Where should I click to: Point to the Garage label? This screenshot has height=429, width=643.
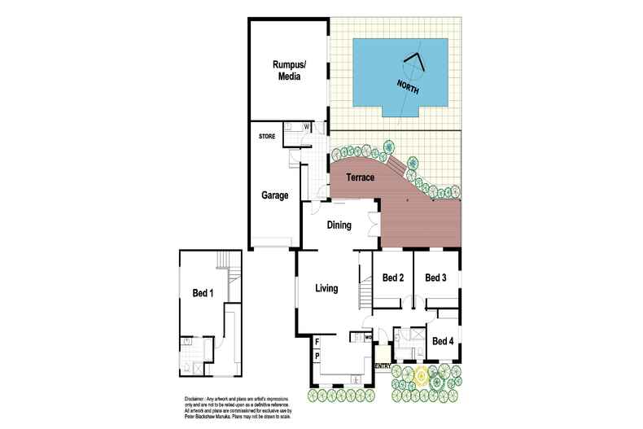[275, 195]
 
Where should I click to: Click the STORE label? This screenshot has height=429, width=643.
[267, 136]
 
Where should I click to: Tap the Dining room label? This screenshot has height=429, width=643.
[339, 225]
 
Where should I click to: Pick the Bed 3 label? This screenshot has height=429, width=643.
[436, 278]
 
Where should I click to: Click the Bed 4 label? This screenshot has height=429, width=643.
[444, 340]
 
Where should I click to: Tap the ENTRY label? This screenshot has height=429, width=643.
[383, 366]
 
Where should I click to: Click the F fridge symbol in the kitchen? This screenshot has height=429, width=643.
[317, 341]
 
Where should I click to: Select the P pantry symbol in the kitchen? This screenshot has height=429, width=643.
[317, 357]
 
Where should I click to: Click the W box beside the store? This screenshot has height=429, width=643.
[306, 126]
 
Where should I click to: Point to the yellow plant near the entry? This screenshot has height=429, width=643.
[421, 376]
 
